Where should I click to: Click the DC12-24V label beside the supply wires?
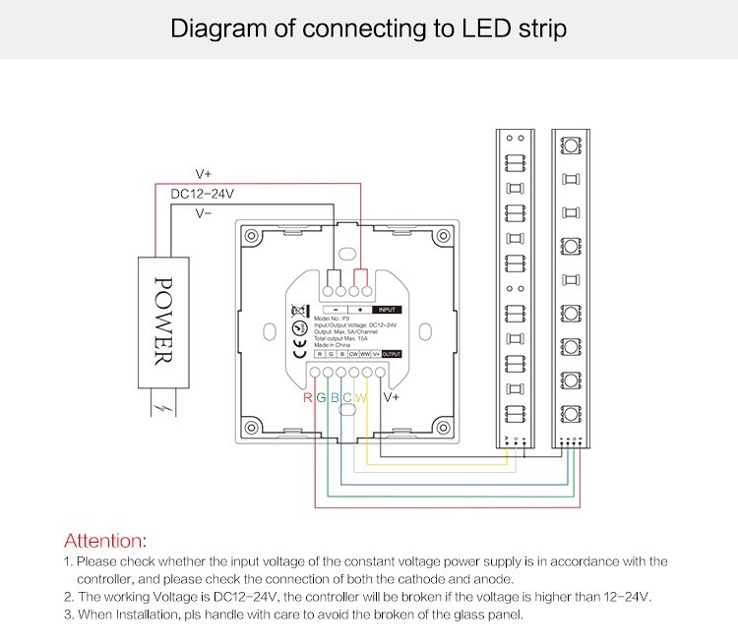tap(202, 194)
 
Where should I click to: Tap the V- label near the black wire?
tap(204, 212)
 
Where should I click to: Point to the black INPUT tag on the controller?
tap(388, 310)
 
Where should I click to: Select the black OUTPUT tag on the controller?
tap(392, 353)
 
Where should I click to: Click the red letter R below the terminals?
tap(308, 398)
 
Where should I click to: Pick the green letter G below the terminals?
tap(322, 398)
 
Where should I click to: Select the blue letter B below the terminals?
tap(335, 398)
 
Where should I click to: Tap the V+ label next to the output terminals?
tap(391, 398)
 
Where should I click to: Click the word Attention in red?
tap(104, 541)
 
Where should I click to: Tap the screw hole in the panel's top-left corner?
tap(252, 237)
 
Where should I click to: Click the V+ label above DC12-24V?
tap(204, 174)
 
